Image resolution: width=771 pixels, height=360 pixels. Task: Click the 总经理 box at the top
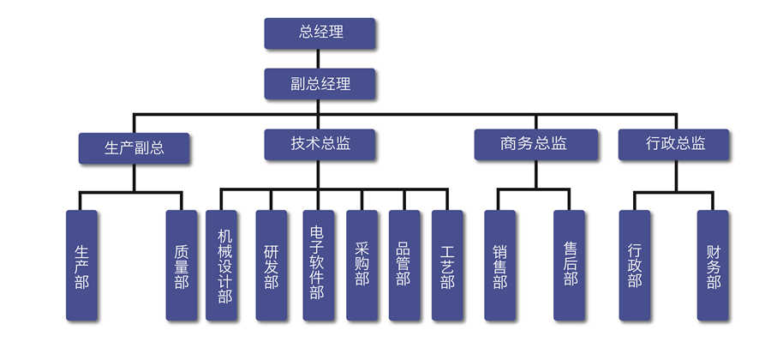click(320, 33)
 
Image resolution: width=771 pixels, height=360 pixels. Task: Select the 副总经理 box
click(320, 84)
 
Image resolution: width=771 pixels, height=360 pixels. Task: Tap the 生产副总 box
click(134, 147)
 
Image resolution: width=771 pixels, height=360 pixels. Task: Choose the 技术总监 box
click(320, 144)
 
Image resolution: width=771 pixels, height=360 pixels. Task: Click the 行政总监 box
click(674, 144)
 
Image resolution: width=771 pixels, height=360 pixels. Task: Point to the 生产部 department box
click(81, 266)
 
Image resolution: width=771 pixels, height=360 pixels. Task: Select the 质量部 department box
click(182, 266)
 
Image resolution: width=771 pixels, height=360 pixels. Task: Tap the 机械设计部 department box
click(223, 266)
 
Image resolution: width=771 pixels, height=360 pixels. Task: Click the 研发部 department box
click(271, 266)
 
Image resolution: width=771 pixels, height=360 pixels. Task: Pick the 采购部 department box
click(361, 266)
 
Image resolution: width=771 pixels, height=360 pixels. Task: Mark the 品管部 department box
click(403, 266)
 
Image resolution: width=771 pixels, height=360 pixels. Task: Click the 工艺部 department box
click(446, 266)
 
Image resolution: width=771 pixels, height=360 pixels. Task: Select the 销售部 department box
click(500, 266)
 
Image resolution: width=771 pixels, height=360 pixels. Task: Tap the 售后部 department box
click(570, 266)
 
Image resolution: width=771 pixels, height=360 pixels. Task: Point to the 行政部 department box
click(634, 266)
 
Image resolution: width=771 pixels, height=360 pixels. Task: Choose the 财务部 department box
click(713, 266)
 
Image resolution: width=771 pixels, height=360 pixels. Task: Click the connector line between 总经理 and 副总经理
click(320, 58)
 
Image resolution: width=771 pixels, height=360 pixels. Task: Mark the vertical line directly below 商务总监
click(535, 175)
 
